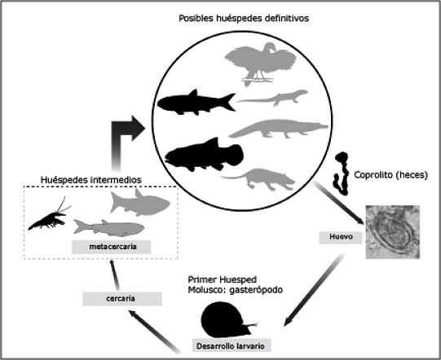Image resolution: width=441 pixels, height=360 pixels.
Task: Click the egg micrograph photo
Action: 395,234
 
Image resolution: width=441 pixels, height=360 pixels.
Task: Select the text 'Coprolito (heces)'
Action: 391,173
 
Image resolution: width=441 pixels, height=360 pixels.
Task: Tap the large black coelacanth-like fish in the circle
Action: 203,154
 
